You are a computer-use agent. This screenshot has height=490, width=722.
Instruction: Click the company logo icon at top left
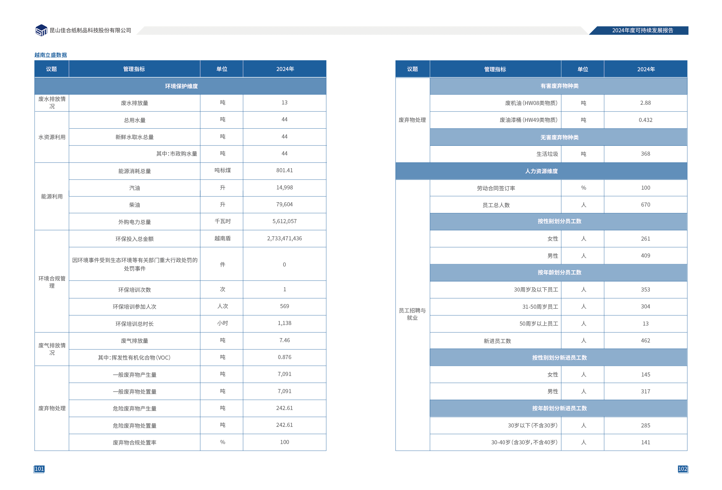[41, 31]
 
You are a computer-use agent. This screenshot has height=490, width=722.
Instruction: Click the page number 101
[39, 468]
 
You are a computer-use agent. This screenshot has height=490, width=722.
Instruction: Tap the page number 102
[682, 468]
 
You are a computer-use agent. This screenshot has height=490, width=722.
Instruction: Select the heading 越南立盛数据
[51, 55]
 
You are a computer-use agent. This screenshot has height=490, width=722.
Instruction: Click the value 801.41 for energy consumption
[284, 170]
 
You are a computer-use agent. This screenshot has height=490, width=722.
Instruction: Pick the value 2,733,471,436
[284, 238]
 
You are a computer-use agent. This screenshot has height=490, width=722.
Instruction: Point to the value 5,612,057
[284, 221]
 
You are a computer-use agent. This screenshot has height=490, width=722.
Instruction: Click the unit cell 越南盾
[222, 238]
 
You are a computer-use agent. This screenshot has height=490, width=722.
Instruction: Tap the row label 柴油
[134, 205]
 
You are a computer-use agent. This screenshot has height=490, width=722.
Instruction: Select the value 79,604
[284, 205]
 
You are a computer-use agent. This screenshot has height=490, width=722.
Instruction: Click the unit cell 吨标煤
[222, 170]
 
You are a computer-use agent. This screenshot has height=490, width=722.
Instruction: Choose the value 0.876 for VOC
[284, 357]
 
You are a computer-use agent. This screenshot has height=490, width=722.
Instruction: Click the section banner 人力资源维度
[541, 171]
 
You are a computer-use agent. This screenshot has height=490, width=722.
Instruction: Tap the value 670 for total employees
[645, 205]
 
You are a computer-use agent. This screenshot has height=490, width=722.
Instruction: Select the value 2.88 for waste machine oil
[645, 103]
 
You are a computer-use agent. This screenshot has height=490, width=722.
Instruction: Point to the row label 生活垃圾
[547, 154]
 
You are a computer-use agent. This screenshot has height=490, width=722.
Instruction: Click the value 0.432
[645, 120]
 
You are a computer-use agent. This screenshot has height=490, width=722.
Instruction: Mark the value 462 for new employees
[645, 340]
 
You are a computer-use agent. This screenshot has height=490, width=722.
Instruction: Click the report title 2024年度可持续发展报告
[643, 31]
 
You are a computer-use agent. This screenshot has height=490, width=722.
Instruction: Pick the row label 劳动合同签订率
[496, 188]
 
